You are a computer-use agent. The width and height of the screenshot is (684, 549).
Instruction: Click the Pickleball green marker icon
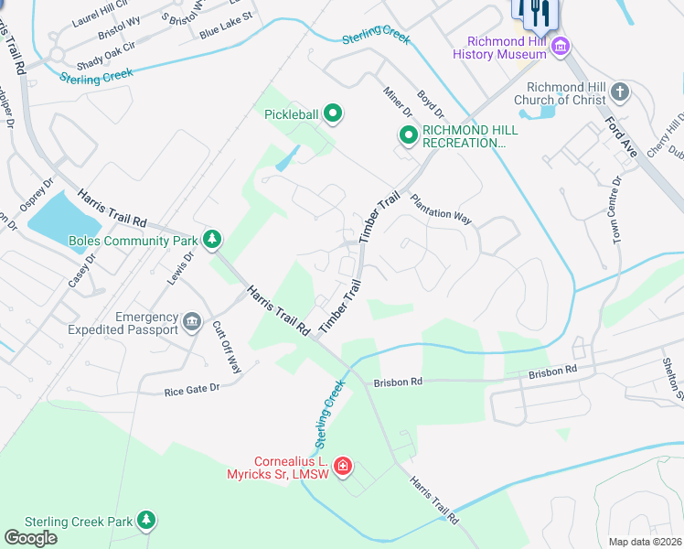(334, 114)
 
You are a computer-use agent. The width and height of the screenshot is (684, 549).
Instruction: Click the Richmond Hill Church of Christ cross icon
(620, 92)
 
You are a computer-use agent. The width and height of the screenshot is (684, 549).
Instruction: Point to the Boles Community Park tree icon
(212, 241)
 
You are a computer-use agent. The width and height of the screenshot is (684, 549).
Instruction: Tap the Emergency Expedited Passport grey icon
(192, 322)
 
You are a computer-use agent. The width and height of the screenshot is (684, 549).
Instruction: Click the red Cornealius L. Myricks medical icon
(343, 468)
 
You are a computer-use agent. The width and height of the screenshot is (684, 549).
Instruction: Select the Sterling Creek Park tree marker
(144, 521)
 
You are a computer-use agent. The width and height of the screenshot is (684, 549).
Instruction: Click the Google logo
(30, 537)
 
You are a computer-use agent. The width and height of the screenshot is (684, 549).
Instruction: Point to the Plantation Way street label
(441, 206)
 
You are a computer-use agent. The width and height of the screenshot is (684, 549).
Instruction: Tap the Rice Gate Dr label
(192, 391)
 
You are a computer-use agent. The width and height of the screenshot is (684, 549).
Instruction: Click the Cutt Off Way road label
(226, 347)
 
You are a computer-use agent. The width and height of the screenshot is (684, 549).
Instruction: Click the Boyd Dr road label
(430, 102)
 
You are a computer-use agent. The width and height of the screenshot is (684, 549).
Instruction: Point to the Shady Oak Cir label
(104, 58)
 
